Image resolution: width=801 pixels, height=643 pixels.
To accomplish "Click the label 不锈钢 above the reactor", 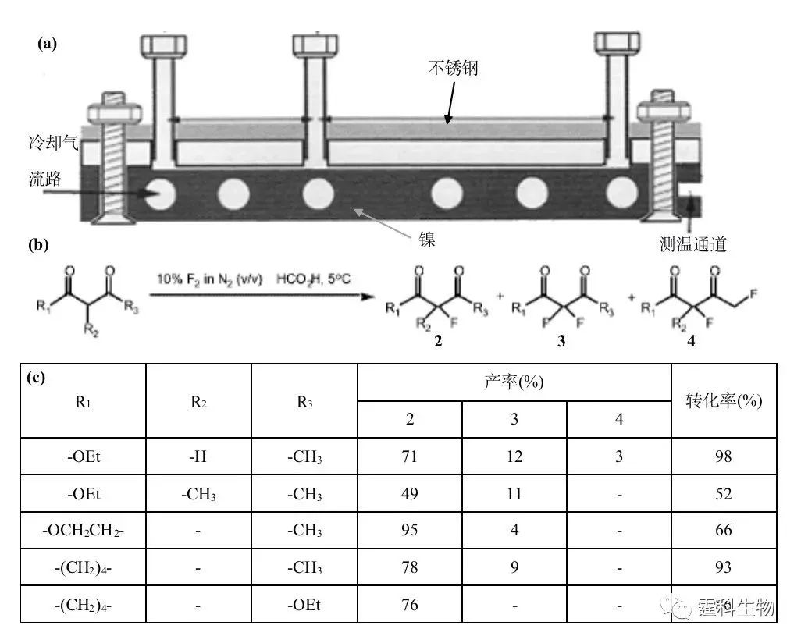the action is (453, 68).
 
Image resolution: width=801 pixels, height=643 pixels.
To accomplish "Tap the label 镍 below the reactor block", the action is (427, 239).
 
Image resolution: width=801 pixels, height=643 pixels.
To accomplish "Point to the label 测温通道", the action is (692, 244).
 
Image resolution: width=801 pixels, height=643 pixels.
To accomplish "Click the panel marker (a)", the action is (47, 44).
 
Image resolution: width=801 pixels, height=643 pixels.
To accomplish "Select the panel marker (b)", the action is (38, 245).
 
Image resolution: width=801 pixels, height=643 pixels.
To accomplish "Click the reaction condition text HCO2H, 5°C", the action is (313, 279).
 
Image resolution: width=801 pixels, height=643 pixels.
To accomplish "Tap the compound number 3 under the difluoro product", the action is (561, 341).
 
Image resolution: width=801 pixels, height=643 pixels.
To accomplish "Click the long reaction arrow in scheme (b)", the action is (262, 296).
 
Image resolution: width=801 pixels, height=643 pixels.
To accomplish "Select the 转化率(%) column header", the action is (724, 401).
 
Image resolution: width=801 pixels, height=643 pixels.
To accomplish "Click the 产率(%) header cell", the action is (514, 382).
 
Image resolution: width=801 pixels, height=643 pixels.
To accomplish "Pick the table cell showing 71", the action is (409, 456).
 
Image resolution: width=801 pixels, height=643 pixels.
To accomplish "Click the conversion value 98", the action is (724, 456).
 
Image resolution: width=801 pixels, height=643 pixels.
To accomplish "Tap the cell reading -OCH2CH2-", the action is (84, 531).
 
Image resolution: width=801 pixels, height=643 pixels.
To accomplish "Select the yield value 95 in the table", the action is (409, 530).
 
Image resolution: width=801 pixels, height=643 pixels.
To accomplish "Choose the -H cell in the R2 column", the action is (198, 456).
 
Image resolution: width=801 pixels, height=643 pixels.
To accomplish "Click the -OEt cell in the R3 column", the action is (304, 606).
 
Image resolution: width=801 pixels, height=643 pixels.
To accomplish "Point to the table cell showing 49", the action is (409, 494).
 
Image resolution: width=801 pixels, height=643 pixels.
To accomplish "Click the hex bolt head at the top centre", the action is (315, 44).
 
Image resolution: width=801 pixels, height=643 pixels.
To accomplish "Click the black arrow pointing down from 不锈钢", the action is (450, 102).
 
